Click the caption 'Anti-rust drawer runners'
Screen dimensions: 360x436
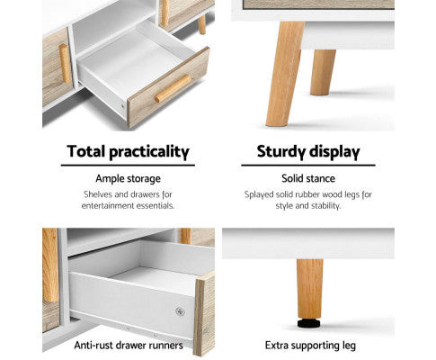pos(127,345)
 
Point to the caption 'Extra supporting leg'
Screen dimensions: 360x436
pos(308,345)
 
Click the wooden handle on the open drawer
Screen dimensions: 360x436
pos(173,88)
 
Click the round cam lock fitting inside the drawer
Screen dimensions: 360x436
pos(179,311)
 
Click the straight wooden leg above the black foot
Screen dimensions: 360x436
pos(308,288)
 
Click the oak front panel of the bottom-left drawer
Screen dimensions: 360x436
pos(204,314)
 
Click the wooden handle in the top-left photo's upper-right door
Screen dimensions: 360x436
pos(165,12)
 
